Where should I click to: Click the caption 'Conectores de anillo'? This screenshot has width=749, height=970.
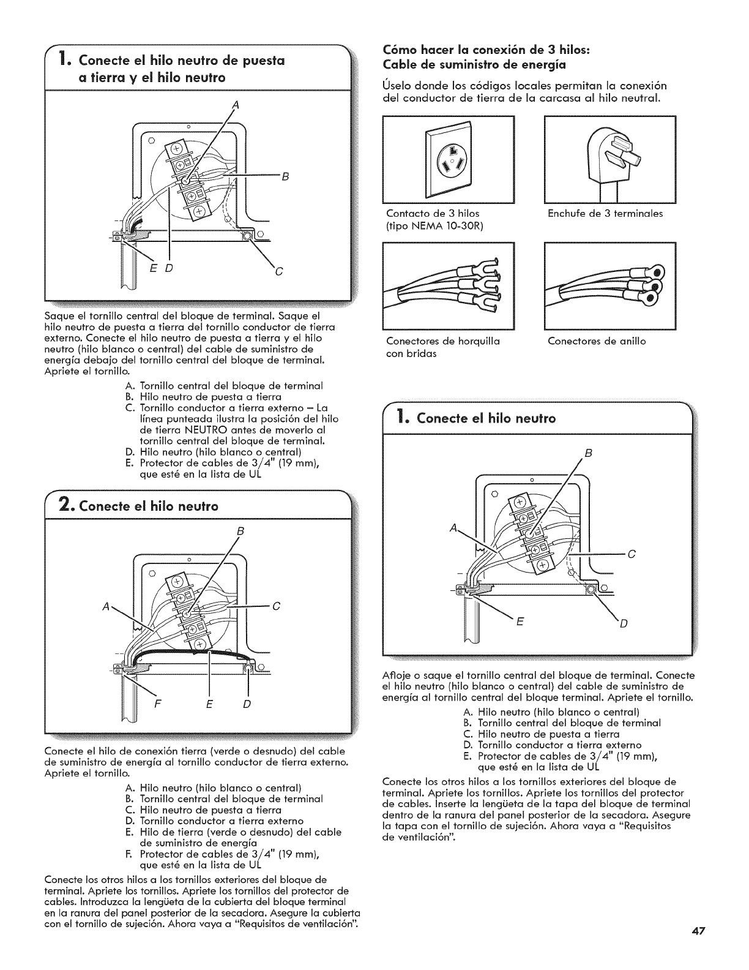(x=597, y=341)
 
